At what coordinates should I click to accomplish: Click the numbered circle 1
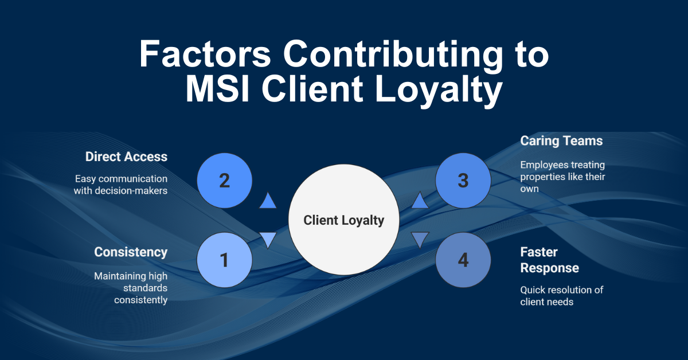[x=224, y=260]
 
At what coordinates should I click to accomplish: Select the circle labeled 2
[x=224, y=181]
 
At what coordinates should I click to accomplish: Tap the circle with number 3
[x=463, y=181]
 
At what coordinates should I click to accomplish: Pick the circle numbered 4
[x=463, y=260]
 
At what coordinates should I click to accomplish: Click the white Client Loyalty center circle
[x=343, y=220]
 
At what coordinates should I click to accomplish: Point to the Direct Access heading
[x=126, y=156]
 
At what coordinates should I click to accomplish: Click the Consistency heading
[x=131, y=252]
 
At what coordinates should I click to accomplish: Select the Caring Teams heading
[x=561, y=140]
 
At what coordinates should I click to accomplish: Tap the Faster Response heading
[x=549, y=260]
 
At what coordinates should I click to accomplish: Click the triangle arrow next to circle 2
[x=268, y=201]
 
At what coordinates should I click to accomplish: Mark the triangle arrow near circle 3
[x=420, y=201]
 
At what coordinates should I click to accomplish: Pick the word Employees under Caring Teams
[x=545, y=165]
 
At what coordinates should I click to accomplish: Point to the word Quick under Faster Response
[x=533, y=289]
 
